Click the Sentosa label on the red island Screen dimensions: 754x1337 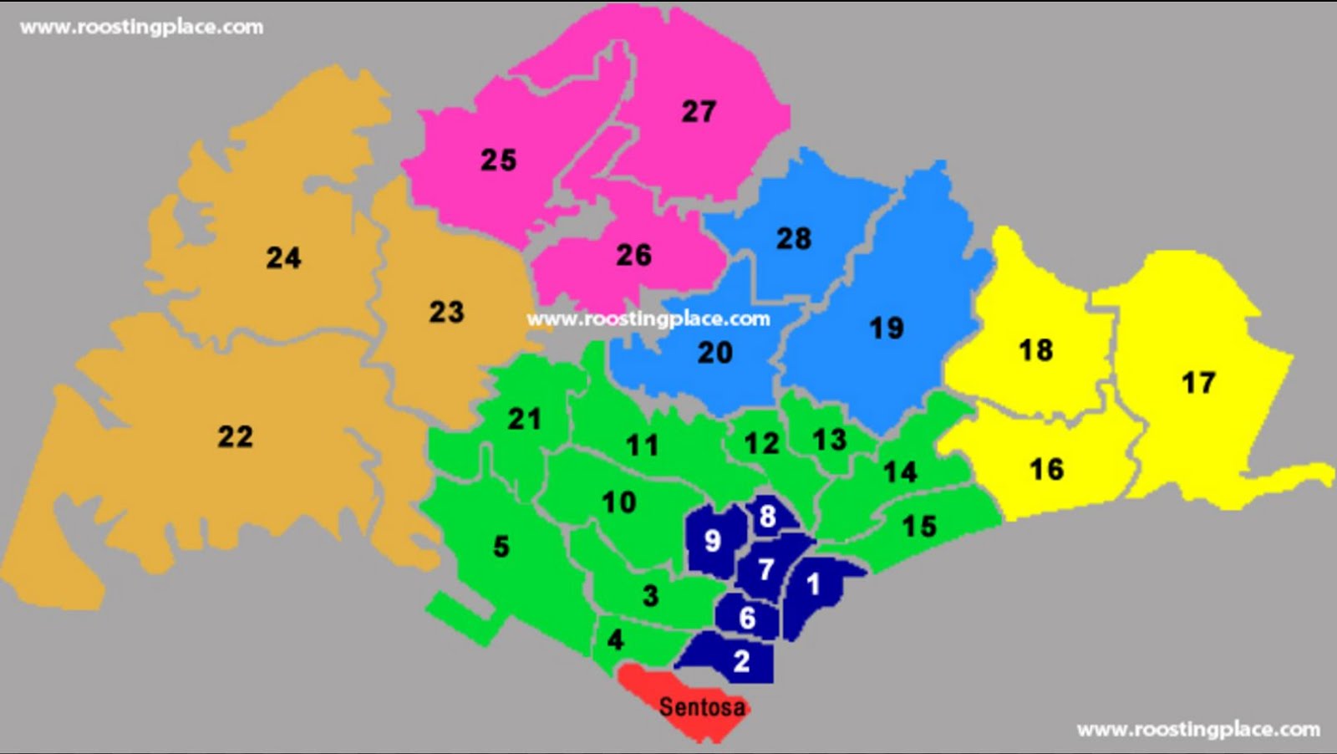click(x=701, y=707)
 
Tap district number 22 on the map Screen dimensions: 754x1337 click(x=235, y=436)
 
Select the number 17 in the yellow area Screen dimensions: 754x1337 click(x=1197, y=383)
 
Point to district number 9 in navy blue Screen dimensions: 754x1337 click(x=712, y=541)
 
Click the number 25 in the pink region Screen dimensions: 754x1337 click(x=498, y=160)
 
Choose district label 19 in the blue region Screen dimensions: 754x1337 click(x=886, y=328)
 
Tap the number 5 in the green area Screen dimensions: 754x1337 click(x=501, y=547)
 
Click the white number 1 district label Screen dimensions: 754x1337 click(x=813, y=583)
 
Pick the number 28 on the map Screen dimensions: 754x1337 click(x=793, y=239)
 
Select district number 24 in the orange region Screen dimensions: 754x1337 click(x=283, y=257)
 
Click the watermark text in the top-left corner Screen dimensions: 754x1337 click(x=141, y=27)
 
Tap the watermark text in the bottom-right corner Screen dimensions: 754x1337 click(x=1198, y=729)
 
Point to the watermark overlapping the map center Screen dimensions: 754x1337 click(x=648, y=318)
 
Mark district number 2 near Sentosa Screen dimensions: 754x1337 click(x=741, y=661)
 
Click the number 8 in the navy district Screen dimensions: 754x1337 click(x=767, y=517)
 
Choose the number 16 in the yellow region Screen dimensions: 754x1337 click(x=1046, y=470)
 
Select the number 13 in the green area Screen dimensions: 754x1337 click(x=829, y=440)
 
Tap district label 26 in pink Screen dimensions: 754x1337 click(x=633, y=255)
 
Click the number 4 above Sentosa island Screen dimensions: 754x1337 click(x=616, y=640)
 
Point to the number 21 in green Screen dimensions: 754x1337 click(x=524, y=418)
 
